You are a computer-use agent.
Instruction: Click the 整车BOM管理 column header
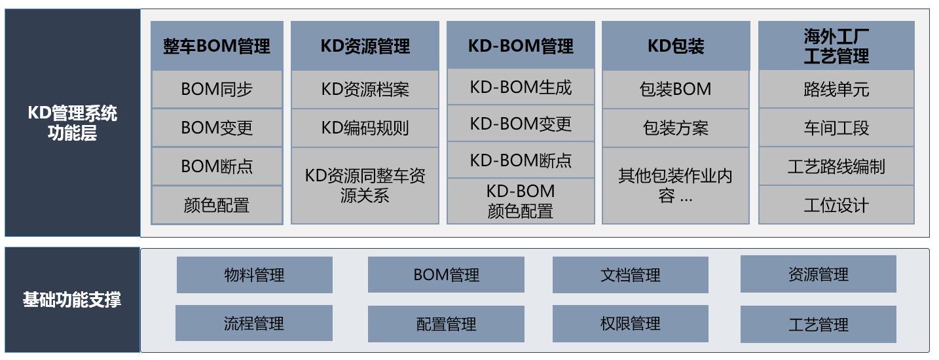(217, 46)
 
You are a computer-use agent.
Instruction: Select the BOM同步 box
(217, 89)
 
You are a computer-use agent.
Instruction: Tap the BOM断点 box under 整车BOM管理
(217, 166)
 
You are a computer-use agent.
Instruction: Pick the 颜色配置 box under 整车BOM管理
(217, 205)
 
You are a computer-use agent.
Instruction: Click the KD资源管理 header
(365, 46)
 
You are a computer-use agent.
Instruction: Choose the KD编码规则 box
(365, 128)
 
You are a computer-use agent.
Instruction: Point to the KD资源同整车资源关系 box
(365, 185)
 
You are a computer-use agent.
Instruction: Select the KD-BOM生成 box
(521, 87)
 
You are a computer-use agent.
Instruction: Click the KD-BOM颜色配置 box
(521, 201)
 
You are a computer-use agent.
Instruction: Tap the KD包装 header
(676, 46)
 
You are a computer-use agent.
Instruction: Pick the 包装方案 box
(676, 128)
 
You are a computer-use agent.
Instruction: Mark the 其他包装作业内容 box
(676, 185)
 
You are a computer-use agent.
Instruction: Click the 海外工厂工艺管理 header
(836, 46)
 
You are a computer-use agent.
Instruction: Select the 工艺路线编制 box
(836, 166)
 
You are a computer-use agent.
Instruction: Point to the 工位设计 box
(836, 205)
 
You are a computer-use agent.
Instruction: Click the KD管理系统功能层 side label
(72, 123)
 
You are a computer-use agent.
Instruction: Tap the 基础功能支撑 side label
(72, 300)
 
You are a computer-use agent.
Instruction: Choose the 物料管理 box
(254, 275)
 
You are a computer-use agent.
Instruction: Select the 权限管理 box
(631, 324)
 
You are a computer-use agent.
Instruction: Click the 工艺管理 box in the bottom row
(818, 325)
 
